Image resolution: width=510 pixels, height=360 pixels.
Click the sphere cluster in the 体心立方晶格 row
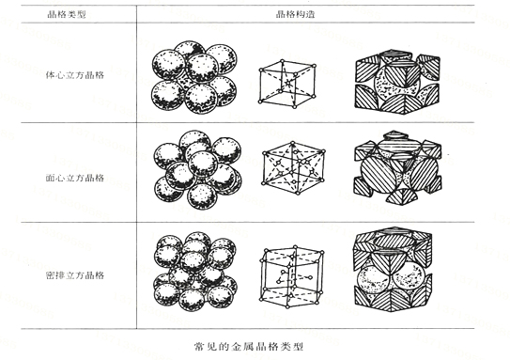pyautogui.click(x=193, y=75)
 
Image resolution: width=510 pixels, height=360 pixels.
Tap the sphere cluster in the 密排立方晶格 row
pyautogui.click(x=193, y=271)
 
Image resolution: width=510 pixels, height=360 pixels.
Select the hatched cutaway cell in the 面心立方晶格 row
pyautogui.click(x=398, y=169)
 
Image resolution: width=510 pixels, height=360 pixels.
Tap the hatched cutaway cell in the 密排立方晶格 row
pyautogui.click(x=398, y=273)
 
